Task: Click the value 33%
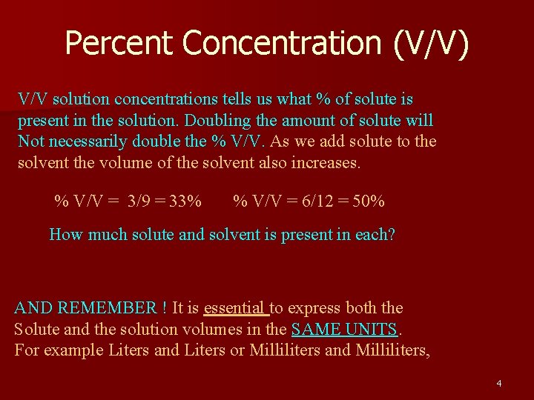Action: point(184,201)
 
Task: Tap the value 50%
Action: point(369,201)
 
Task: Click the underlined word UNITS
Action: point(373,329)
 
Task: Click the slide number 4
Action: point(498,383)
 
